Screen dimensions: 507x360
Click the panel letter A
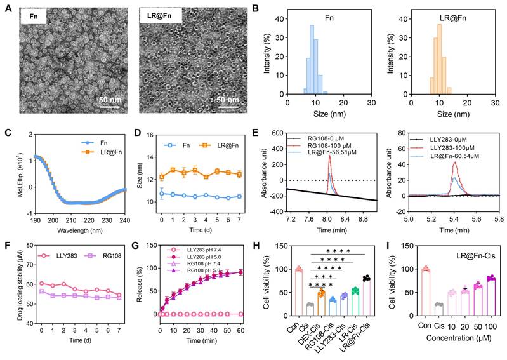[x=9, y=8]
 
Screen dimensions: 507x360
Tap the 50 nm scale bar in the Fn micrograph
[x=109, y=106]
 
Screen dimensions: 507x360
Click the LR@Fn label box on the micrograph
[x=161, y=15]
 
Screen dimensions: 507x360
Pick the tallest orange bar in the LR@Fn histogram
[x=440, y=59]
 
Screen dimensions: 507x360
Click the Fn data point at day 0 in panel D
[x=162, y=194]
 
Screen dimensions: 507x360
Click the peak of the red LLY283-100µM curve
[x=455, y=163]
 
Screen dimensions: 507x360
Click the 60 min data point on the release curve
[x=240, y=272]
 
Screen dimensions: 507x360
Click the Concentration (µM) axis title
[x=459, y=338]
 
